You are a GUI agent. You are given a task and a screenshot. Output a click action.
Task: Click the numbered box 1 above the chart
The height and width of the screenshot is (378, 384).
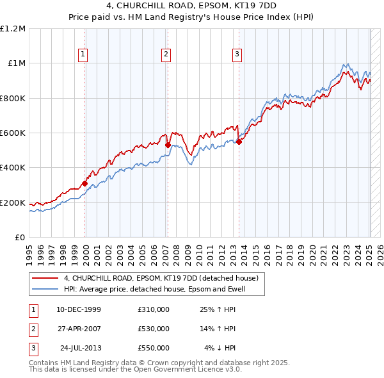84,54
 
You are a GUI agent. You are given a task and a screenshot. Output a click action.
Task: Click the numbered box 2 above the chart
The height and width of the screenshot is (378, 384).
166,54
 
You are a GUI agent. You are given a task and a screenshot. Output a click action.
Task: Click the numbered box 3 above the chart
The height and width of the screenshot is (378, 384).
237,54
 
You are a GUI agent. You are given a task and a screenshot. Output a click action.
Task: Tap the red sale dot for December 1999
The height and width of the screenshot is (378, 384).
84,184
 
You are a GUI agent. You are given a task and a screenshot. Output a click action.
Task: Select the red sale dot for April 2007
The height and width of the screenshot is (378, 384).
168,145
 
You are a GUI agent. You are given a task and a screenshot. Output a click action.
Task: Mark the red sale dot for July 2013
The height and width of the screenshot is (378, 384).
239,142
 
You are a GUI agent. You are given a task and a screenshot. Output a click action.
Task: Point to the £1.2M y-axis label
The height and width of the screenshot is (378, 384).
13,29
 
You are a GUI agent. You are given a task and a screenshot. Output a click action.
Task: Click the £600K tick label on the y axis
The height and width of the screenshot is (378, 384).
12,133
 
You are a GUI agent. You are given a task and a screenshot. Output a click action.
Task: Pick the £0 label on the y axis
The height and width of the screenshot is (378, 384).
19,238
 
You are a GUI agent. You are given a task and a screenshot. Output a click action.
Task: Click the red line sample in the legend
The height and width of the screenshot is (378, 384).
45,279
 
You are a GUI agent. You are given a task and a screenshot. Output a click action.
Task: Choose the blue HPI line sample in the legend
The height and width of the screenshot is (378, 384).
45,290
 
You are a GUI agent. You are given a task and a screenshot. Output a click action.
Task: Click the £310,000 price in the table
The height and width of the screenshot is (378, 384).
154,309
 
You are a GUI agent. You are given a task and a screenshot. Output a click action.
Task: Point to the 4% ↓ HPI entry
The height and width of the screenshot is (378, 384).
220,348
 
